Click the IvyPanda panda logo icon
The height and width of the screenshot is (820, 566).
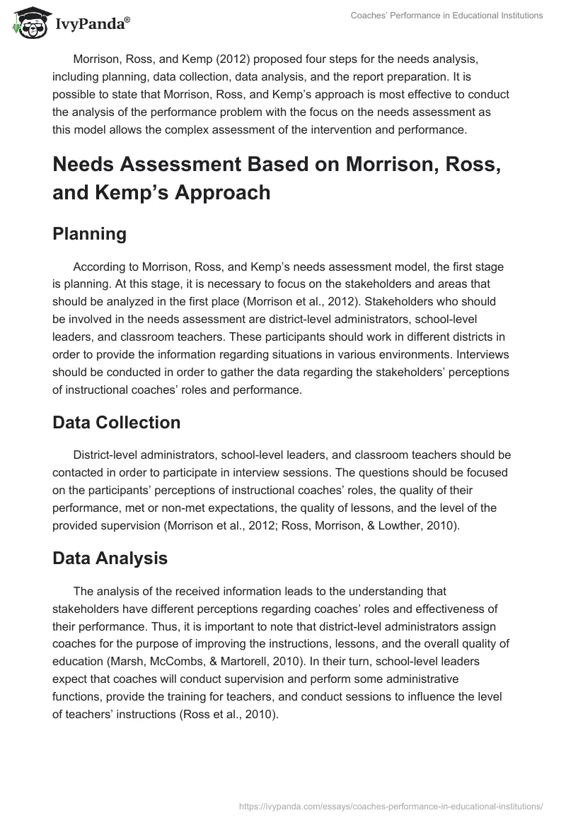[x=28, y=23]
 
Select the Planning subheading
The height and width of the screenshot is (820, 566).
[x=89, y=235]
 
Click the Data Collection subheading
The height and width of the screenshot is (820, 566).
[x=116, y=423]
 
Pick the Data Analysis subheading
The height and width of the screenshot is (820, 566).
[x=110, y=558]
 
